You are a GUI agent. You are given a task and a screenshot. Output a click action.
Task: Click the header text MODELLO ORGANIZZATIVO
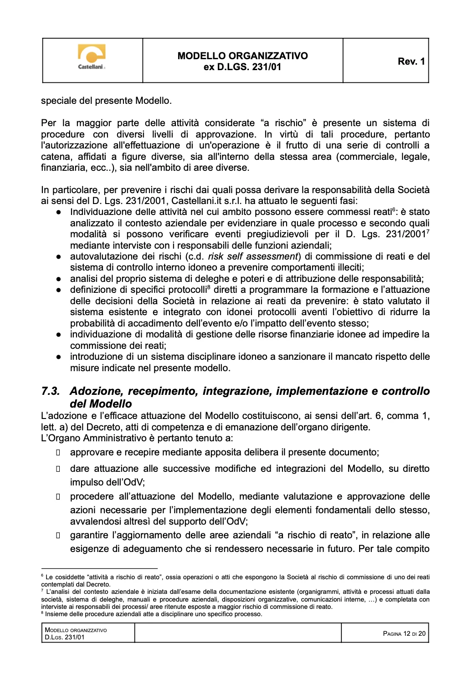click(x=242, y=56)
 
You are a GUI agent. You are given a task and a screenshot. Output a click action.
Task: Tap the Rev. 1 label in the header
click(x=411, y=61)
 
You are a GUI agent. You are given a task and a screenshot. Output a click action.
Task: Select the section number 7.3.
click(x=50, y=391)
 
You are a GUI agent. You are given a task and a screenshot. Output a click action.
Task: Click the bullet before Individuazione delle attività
click(x=59, y=212)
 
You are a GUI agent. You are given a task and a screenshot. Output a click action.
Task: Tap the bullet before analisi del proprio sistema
click(x=59, y=279)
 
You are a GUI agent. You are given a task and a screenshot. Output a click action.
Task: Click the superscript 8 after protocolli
click(x=209, y=287)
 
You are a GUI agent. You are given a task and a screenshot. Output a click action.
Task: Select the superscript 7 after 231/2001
click(x=428, y=232)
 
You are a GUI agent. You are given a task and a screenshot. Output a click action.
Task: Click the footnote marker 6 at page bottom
click(x=42, y=576)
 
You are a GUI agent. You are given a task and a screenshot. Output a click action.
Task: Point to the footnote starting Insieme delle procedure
click(x=154, y=614)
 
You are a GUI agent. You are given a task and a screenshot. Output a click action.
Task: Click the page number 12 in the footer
click(x=406, y=633)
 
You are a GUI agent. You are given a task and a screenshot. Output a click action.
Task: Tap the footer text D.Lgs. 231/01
click(x=65, y=638)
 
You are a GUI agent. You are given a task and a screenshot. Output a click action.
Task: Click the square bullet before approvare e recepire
click(x=58, y=453)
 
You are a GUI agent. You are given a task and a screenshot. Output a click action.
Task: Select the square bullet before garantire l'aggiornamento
click(x=58, y=536)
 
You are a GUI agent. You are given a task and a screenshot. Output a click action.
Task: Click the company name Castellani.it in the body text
click(x=197, y=201)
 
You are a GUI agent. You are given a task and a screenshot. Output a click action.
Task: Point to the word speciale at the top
click(x=59, y=101)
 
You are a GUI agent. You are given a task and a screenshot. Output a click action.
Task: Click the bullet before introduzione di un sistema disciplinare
click(x=59, y=357)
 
